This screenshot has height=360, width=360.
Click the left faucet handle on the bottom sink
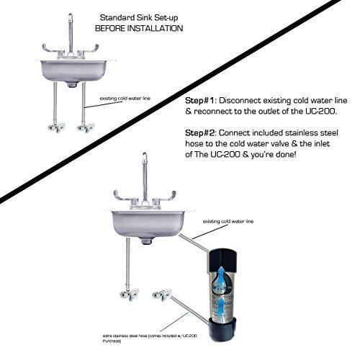[x=123, y=196]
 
